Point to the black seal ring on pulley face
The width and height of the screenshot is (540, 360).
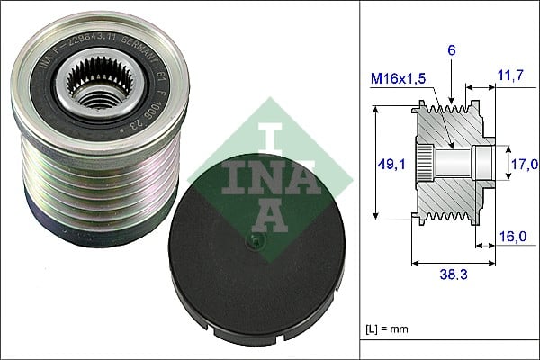click(54, 108)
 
